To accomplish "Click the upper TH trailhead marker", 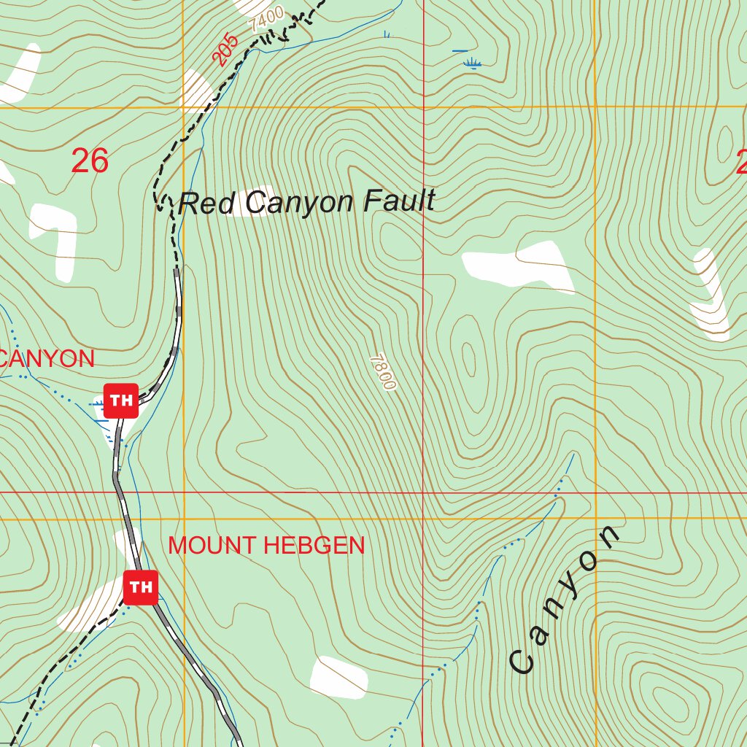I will click(x=121, y=400).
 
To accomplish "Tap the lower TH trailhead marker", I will click(x=141, y=587).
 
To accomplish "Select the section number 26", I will click(x=90, y=161).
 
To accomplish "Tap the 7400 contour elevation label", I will click(x=266, y=18).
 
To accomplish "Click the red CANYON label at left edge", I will click(x=48, y=359).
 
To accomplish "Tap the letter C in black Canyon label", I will click(x=522, y=662).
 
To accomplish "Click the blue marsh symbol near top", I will click(x=472, y=63).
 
